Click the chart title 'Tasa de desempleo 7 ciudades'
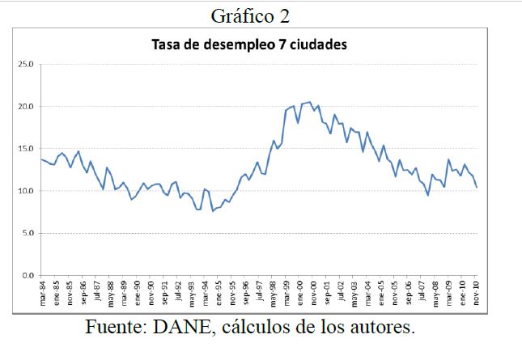pyautogui.click(x=249, y=45)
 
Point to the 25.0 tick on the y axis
pyautogui.click(x=26, y=64)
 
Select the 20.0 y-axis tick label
pyautogui.click(x=26, y=106)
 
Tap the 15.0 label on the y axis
pyautogui.click(x=26, y=149)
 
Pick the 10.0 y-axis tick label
pyautogui.click(x=26, y=191)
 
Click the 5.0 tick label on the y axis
pyautogui.click(x=28, y=233)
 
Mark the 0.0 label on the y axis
pyautogui.click(x=28, y=276)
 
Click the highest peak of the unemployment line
pyautogui.click(x=309, y=102)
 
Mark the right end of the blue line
pyautogui.click(x=477, y=188)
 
